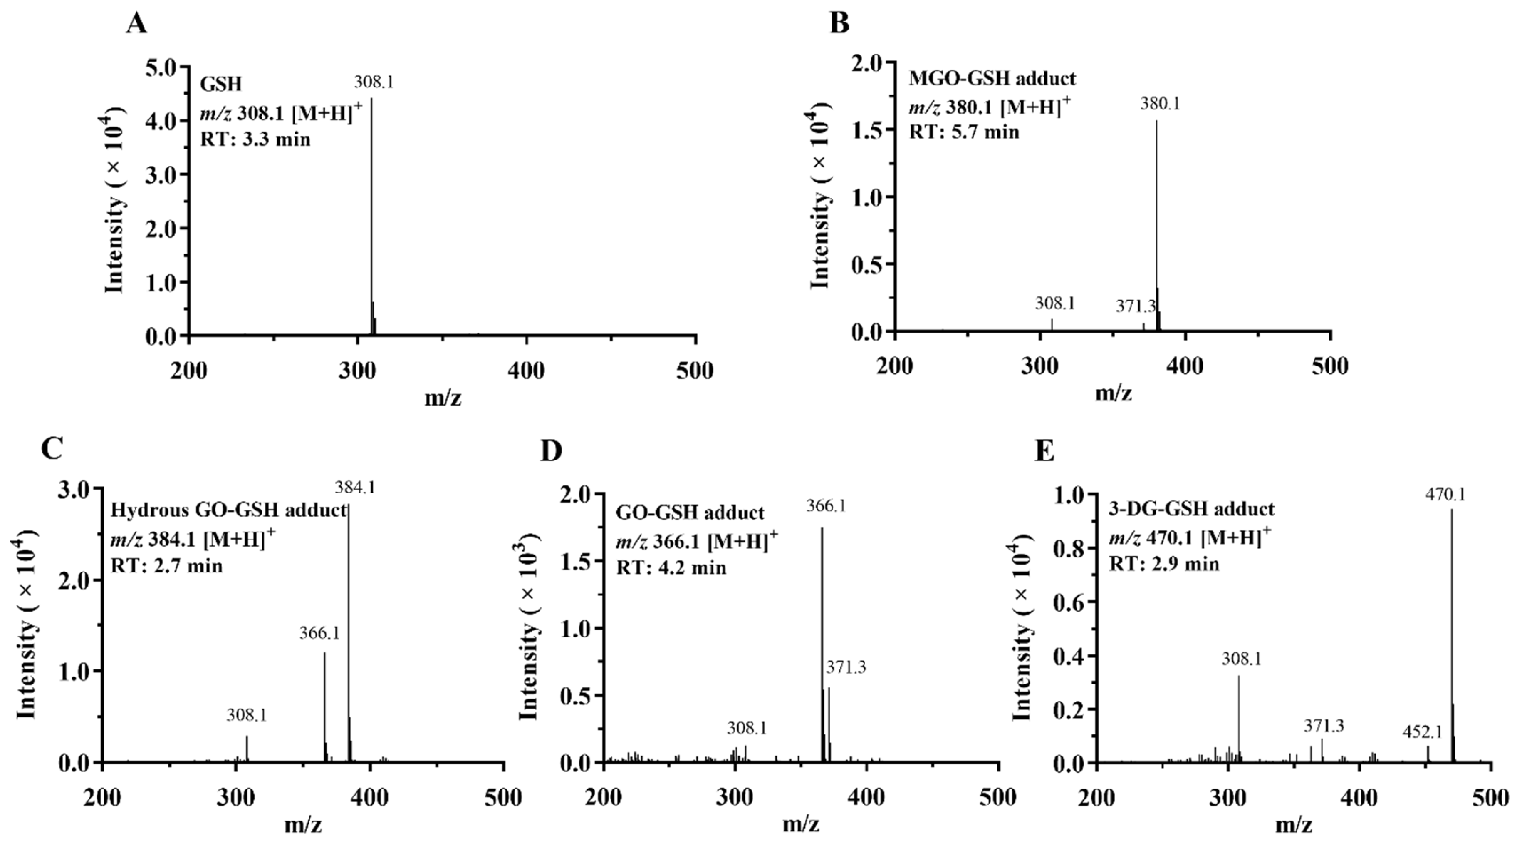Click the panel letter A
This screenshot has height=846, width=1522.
(x=136, y=24)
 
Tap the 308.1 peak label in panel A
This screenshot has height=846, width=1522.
(x=374, y=82)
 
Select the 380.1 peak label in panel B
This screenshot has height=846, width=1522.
(x=1160, y=104)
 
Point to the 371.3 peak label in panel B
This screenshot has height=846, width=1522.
(x=1135, y=306)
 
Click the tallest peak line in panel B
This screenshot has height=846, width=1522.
(x=1156, y=225)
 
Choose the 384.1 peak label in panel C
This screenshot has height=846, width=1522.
(x=354, y=488)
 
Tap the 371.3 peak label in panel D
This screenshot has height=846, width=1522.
(x=846, y=667)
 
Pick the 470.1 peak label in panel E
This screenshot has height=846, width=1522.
(x=1446, y=494)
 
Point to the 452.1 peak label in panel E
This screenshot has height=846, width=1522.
(x=1423, y=732)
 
